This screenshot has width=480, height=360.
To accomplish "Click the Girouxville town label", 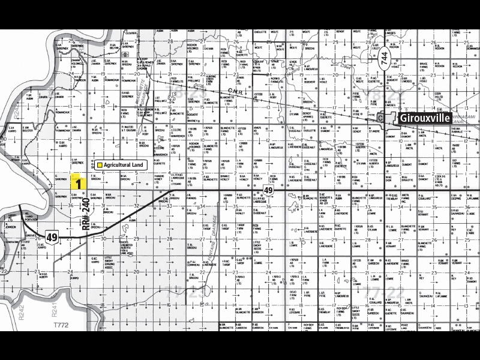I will pyautogui.click(x=426, y=118).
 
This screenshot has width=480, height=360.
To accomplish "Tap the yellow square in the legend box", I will pyautogui.click(x=100, y=163).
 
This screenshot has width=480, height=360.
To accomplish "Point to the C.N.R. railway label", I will pyautogui.click(x=235, y=92).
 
